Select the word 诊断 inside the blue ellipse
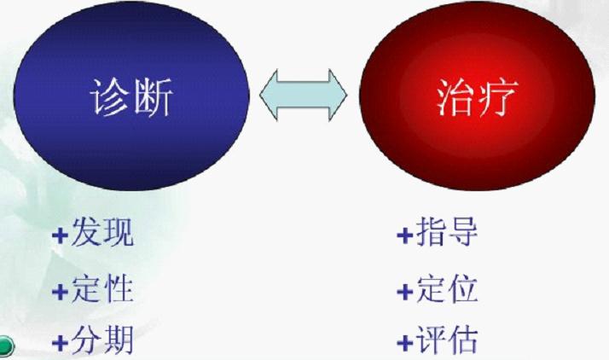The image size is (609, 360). click(130, 98)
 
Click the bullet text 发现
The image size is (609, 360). click(102, 233)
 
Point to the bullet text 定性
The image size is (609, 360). click(102, 288)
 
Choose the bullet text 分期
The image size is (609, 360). click(102, 341)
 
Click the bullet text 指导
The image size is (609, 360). click(448, 233)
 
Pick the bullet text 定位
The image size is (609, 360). click(448, 288)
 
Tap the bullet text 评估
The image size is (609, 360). click(448, 341)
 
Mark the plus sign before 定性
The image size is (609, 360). click(60, 291)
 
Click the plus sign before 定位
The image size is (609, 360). click(404, 291)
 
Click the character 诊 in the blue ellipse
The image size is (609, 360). click(109, 98)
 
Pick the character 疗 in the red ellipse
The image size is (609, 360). click(496, 98)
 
